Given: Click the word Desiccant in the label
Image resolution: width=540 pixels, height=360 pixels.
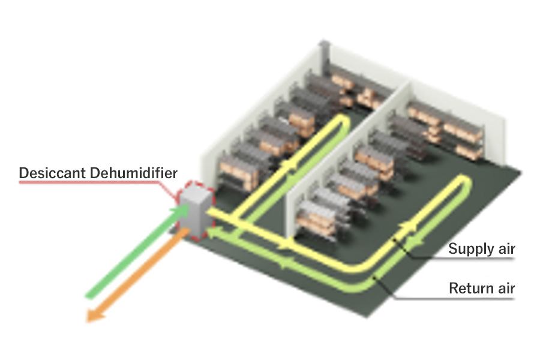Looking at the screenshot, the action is point(52,173).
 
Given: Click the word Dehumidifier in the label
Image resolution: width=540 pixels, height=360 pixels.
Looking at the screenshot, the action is point(134,173).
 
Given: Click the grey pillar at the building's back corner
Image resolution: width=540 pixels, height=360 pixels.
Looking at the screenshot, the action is point(325,57).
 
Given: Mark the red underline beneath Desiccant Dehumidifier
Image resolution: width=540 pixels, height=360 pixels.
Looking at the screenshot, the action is point(89,182).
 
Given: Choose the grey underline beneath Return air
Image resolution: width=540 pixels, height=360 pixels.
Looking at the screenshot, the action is point(455,298).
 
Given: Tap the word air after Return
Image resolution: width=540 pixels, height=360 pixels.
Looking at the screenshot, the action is point(506,288).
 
